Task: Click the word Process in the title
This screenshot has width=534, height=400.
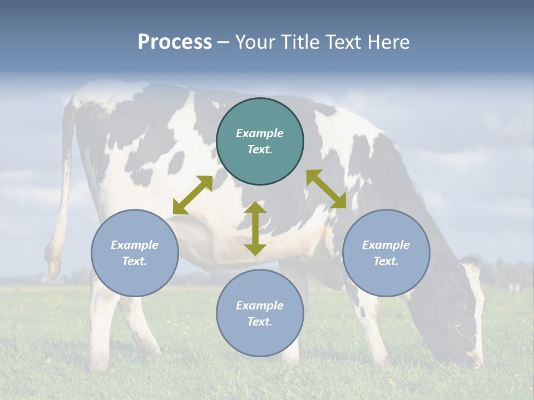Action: tap(175, 42)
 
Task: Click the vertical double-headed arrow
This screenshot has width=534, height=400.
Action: tap(255, 228)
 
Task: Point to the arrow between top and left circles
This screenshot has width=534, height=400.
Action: tap(192, 195)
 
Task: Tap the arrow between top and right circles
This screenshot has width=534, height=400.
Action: tap(326, 189)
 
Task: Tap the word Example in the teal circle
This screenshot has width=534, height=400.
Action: tap(260, 133)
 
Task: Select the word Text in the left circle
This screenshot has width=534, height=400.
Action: tap(135, 261)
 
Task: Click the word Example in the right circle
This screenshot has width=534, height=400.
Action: tap(386, 245)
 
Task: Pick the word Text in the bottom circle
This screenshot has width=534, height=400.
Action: tap(260, 322)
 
